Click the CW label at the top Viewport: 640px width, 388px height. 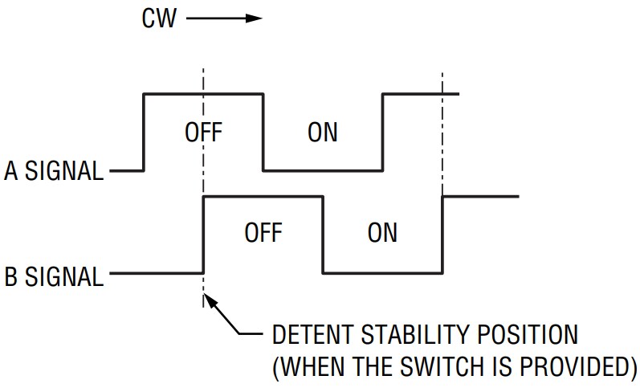(x=161, y=18)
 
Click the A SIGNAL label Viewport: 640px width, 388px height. (x=54, y=171)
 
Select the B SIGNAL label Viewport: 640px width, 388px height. (x=54, y=277)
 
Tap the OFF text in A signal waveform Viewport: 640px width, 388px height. (x=203, y=132)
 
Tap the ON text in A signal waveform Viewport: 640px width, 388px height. (x=323, y=132)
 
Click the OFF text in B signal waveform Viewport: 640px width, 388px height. (x=263, y=233)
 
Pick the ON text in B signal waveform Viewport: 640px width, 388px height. (x=382, y=233)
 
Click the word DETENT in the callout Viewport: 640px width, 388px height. (x=315, y=334)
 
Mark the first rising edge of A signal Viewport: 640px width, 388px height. (x=144, y=133)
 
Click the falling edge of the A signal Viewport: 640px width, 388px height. (x=263, y=133)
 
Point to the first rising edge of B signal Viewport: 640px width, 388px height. (x=203, y=235)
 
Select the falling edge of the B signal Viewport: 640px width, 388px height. (x=323, y=235)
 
